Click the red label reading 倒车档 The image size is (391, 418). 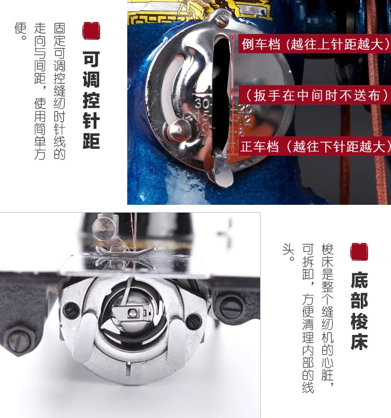coord(314,44)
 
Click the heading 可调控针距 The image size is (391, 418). coord(91,100)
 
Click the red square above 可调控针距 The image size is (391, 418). coord(91,31)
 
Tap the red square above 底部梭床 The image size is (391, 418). coord(359,252)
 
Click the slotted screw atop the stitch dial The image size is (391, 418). coord(222,19)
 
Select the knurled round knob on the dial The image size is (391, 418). coord(178,131)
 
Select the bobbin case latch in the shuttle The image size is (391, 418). coord(132,312)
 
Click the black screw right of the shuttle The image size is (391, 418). coord(193,321)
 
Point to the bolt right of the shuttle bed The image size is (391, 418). coord(231,307)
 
